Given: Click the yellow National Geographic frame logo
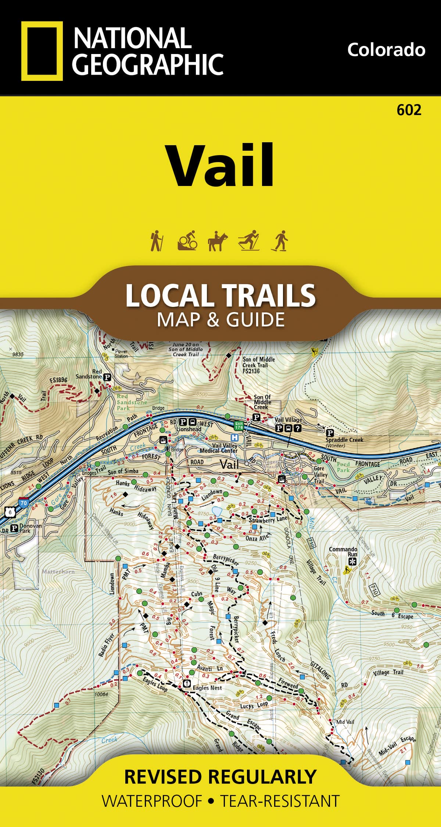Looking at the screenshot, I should tap(42, 51).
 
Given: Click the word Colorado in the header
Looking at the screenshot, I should tap(386, 50).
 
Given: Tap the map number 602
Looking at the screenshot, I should tap(409, 110).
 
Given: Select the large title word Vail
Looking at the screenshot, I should tap(221, 166).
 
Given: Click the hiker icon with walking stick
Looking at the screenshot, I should tap(157, 241).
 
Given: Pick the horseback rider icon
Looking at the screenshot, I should tap(218, 241).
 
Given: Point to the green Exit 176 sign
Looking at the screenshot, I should tap(239, 426).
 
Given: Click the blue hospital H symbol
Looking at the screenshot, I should tap(233, 437).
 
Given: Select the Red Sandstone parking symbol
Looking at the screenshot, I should tap(107, 377).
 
